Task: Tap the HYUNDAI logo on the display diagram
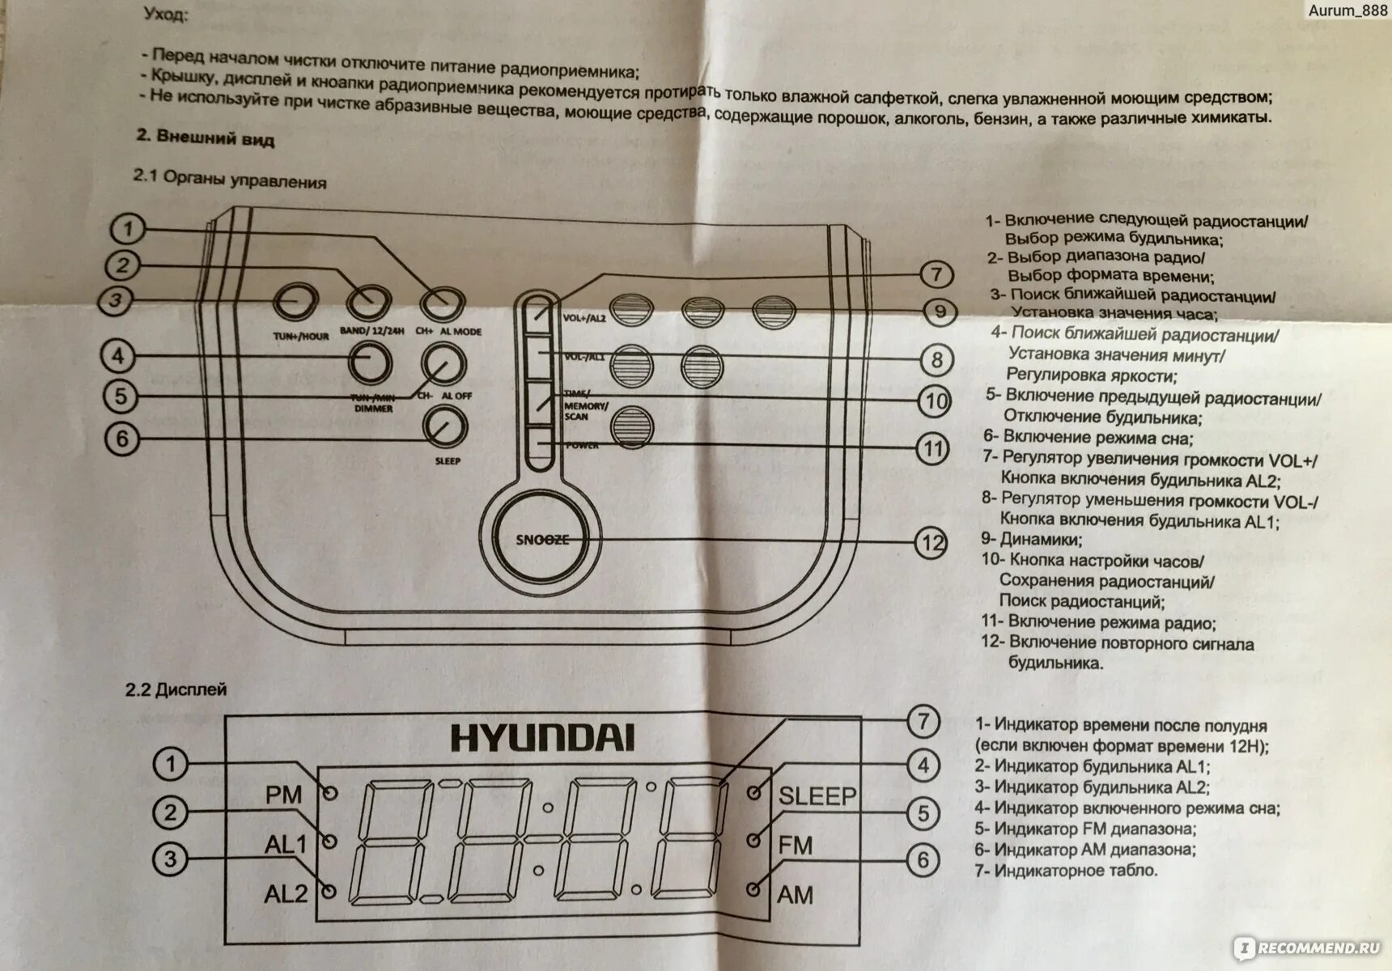click(542, 738)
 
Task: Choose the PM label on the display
click(283, 795)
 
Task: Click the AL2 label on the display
click(286, 893)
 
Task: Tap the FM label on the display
click(795, 846)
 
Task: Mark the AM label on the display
click(795, 895)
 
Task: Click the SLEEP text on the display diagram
click(817, 795)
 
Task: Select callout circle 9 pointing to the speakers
click(939, 312)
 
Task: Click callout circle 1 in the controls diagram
click(127, 229)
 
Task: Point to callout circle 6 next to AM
click(923, 859)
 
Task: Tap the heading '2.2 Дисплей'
click(176, 689)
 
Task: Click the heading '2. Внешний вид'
click(206, 138)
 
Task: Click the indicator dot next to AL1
click(329, 842)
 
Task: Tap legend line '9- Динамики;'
click(1032, 539)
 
